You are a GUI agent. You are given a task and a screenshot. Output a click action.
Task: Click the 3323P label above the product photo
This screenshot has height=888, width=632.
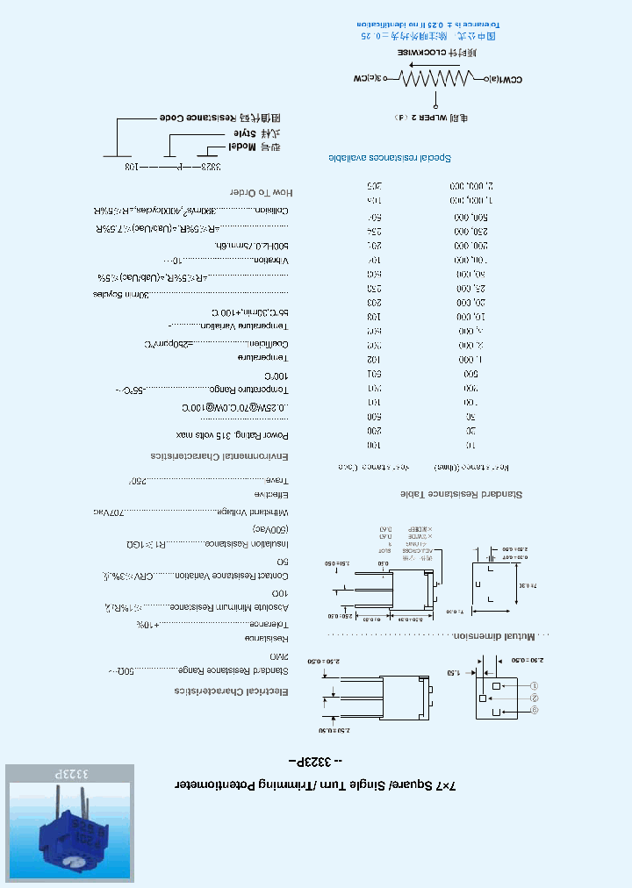pos(70,776)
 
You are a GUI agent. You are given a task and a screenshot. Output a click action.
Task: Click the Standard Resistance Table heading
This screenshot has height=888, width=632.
pos(462,494)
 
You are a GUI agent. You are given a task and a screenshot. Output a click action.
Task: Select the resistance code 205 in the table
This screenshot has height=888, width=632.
pos(373,186)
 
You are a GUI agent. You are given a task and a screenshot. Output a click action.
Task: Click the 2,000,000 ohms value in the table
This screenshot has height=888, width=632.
pos(473,186)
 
